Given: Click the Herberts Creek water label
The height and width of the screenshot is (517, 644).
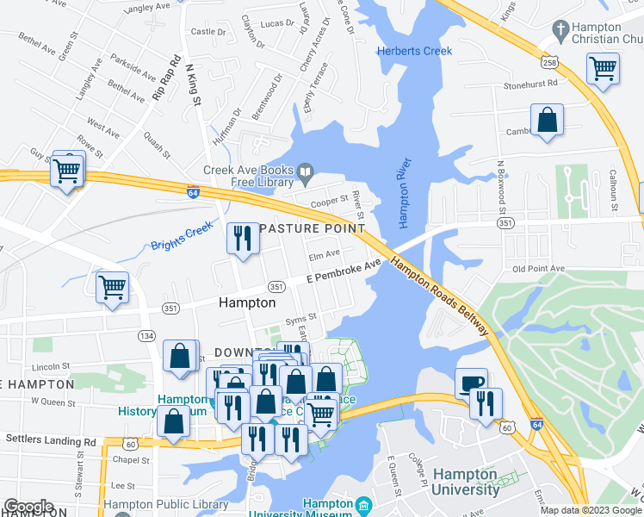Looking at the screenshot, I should [x=414, y=52].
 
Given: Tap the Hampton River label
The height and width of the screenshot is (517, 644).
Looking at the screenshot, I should [x=406, y=193].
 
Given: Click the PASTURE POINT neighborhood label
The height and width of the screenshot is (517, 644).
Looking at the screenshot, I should [x=311, y=228].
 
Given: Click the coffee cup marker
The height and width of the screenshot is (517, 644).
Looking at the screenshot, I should [x=471, y=383].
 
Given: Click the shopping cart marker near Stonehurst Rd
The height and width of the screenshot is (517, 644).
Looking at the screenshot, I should [x=603, y=66].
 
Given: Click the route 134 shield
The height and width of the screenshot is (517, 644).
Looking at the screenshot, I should [x=147, y=335].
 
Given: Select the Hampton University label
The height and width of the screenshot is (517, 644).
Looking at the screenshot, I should [x=466, y=483].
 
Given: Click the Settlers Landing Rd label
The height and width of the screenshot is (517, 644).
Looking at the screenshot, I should [x=51, y=440].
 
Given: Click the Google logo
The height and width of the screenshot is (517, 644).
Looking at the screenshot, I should [x=28, y=507].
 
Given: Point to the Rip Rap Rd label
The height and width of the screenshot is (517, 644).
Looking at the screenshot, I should [x=166, y=79].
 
